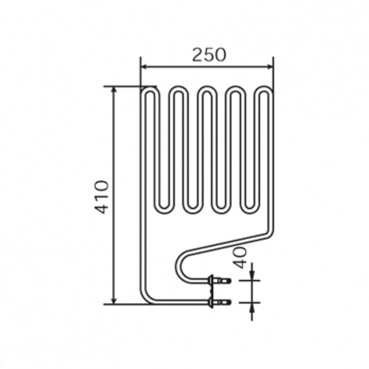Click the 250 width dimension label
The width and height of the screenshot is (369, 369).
pos(208,55)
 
